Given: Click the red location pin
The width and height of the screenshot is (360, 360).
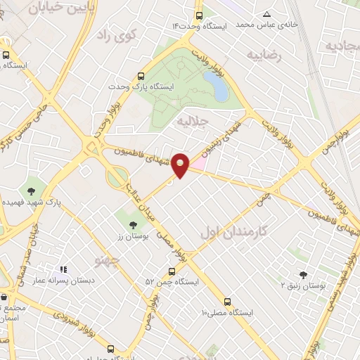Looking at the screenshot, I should coord(181,164).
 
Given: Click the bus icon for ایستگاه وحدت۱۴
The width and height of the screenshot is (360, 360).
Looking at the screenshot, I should coord(199,15).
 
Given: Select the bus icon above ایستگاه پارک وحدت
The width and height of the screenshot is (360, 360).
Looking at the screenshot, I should coord(141,75).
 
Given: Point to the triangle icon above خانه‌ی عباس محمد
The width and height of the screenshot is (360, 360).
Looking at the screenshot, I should coord(266,14).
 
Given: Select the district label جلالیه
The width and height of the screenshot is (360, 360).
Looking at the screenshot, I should coord(192,122).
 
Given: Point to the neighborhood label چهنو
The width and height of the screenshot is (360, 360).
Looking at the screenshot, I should coord(108,262).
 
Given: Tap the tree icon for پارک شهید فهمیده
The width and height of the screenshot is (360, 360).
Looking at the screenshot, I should coord(31,190).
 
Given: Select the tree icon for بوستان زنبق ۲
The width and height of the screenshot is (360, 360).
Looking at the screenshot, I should coord(303,275).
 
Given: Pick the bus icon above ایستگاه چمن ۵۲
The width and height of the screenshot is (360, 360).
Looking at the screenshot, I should coord(172,271).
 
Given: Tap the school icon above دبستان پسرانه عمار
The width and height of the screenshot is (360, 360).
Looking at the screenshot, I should coord(63,268).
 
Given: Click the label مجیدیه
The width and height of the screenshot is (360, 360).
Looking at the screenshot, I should coord(342,46).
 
